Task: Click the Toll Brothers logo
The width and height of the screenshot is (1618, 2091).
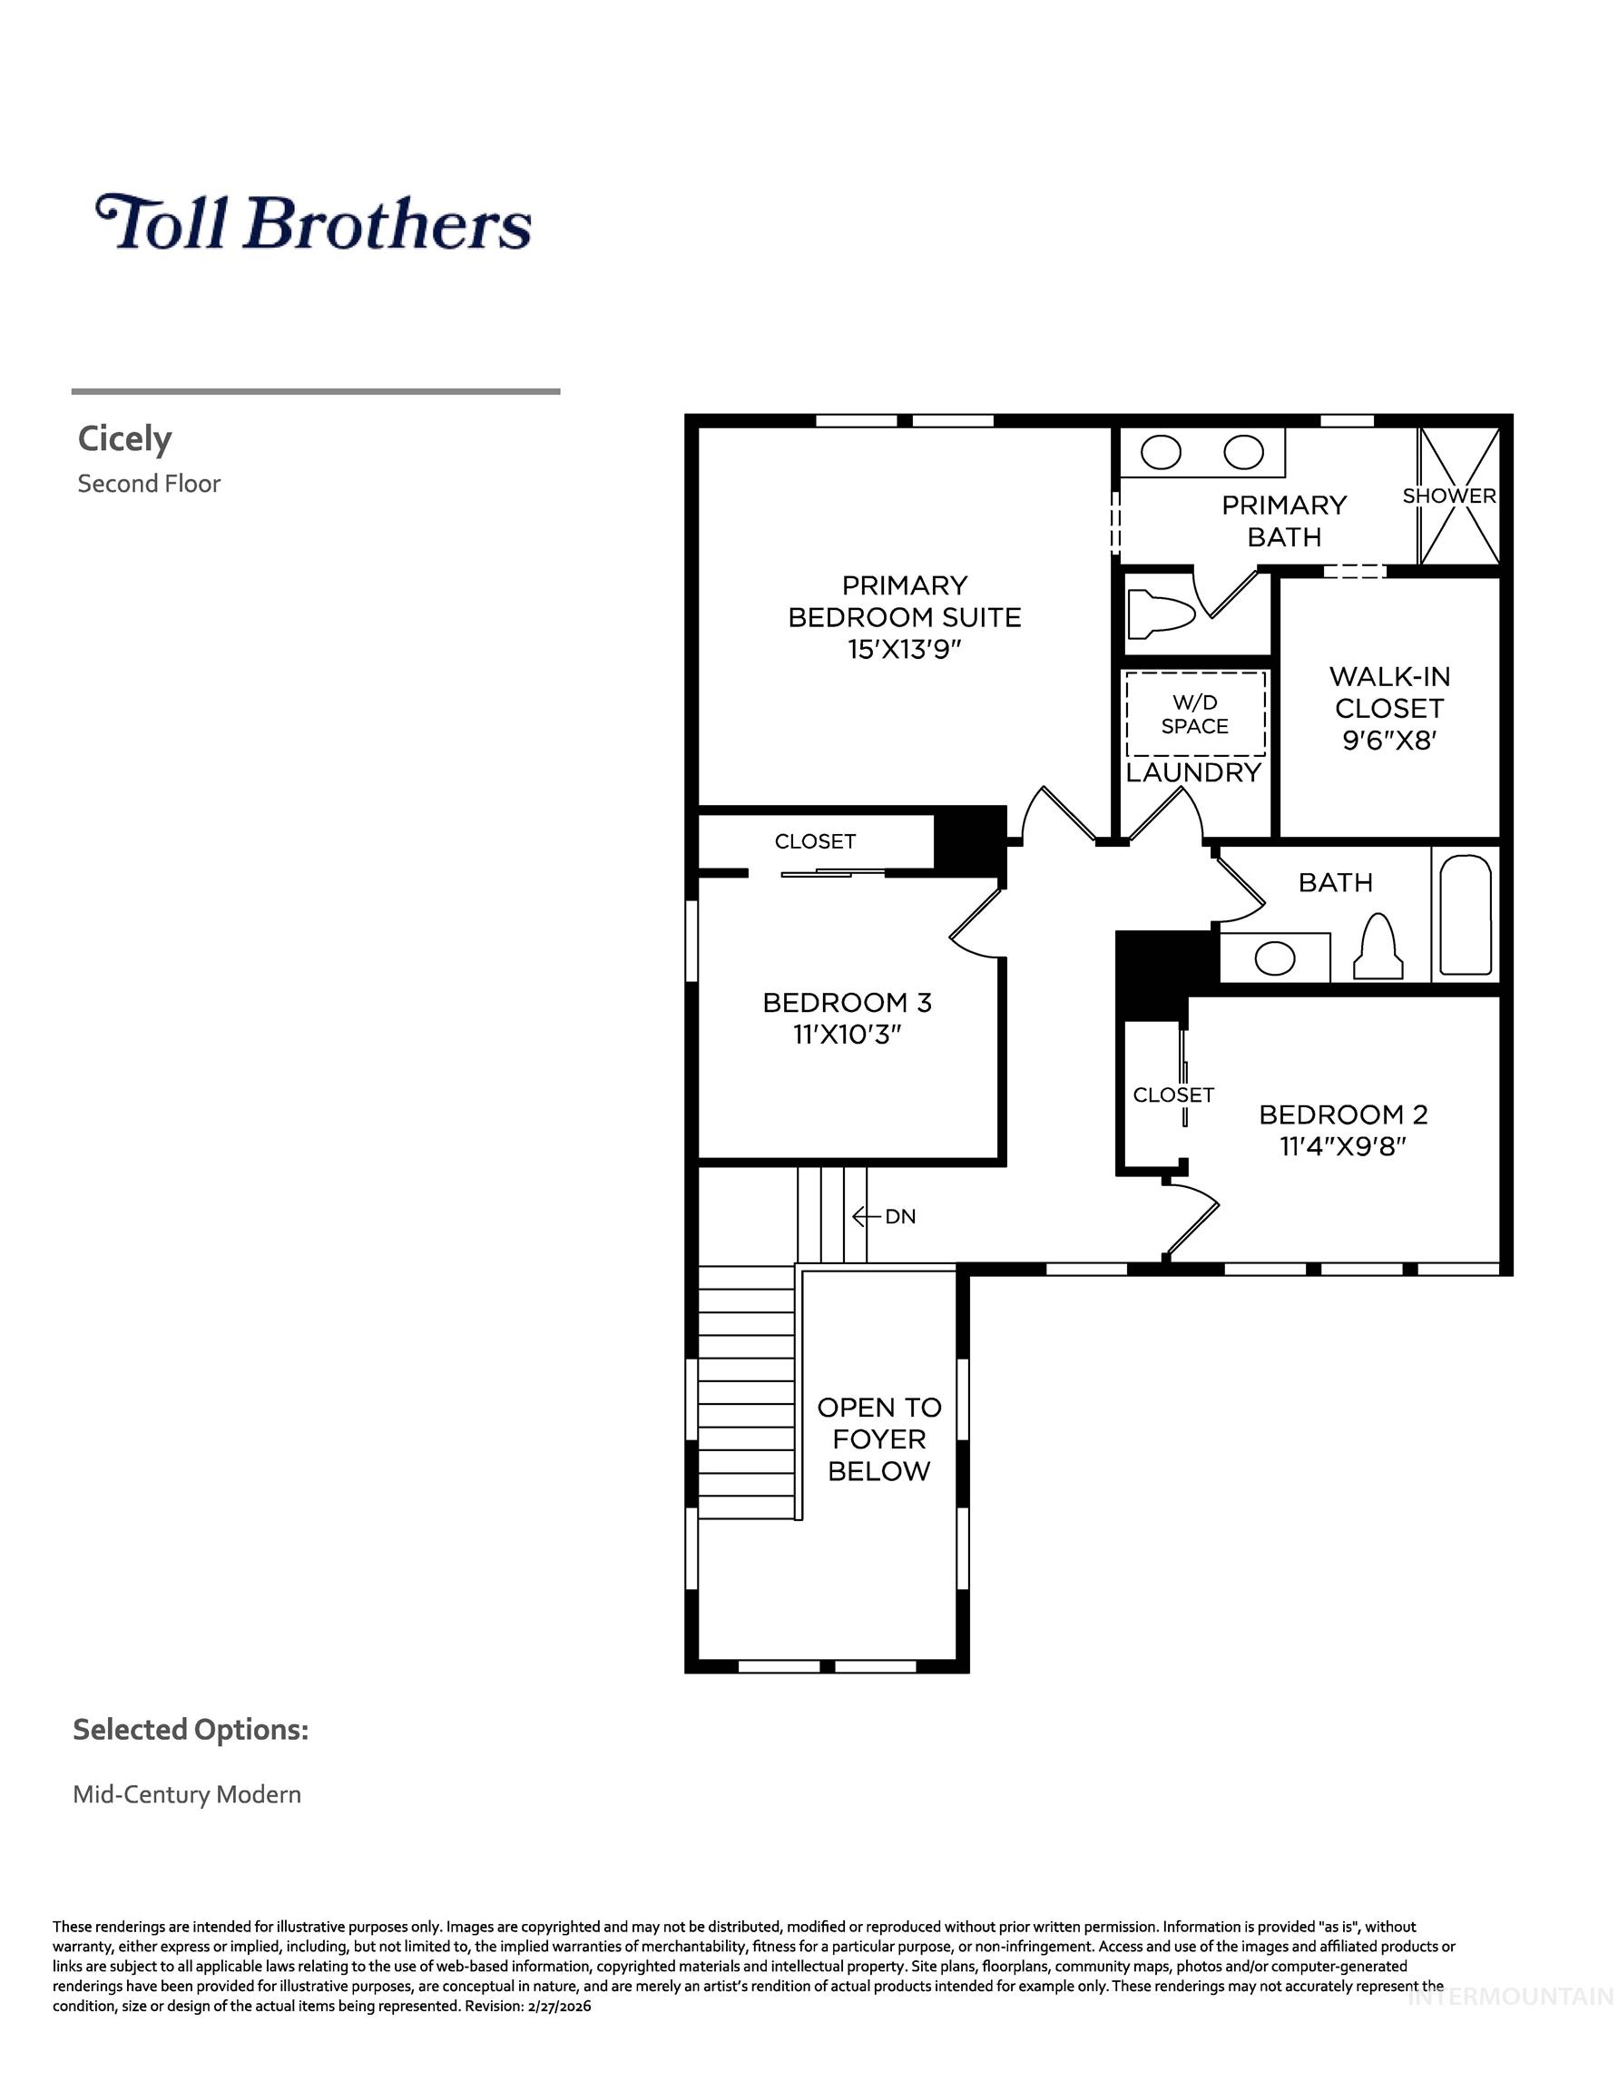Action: point(313,222)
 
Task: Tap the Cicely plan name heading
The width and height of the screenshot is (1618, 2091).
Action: point(124,438)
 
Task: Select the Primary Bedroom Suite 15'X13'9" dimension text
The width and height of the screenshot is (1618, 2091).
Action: point(904,650)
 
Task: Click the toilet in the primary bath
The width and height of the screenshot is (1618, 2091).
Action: point(1160,613)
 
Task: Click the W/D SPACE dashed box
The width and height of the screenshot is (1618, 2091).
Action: point(1195,714)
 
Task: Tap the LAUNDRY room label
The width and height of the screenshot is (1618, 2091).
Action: point(1193,772)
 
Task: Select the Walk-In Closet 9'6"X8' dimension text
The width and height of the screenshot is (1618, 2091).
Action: point(1389,740)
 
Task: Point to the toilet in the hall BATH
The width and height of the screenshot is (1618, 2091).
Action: point(1378,948)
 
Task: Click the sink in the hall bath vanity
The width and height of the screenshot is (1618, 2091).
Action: point(1274,957)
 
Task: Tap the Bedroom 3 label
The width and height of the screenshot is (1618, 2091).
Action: point(847,1003)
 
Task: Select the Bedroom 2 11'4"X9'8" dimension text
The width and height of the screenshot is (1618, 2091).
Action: point(1342,1146)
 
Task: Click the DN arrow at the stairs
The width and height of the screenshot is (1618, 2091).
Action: point(867,1216)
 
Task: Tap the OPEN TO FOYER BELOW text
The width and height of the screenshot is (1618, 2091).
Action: point(879,1439)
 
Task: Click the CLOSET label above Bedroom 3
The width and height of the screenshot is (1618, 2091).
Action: point(815,841)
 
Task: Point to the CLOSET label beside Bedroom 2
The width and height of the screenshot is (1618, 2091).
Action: point(1172,1095)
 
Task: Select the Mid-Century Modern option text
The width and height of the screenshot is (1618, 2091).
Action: point(187,1794)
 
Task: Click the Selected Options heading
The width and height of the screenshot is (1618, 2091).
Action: point(191,1730)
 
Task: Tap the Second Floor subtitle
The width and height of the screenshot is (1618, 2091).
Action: point(149,484)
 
